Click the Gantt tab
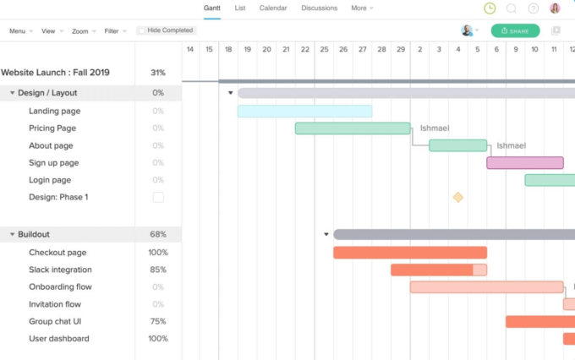coord(211,8)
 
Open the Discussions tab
coord(320,8)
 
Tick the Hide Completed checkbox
coord(142,30)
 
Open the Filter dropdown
coord(114,31)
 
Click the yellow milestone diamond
coord(458,197)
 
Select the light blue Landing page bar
coord(304,111)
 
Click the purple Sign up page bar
coord(525,162)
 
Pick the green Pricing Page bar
coord(353,128)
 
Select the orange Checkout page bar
coord(410,253)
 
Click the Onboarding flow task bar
coord(486,287)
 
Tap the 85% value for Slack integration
coord(158,270)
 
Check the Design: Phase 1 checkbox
coord(158,197)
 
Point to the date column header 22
coord(304,50)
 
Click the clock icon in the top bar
coord(490,8)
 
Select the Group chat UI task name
coord(55,322)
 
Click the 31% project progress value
coord(158,73)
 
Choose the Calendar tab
coord(272,8)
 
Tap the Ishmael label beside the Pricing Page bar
coord(435,128)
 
